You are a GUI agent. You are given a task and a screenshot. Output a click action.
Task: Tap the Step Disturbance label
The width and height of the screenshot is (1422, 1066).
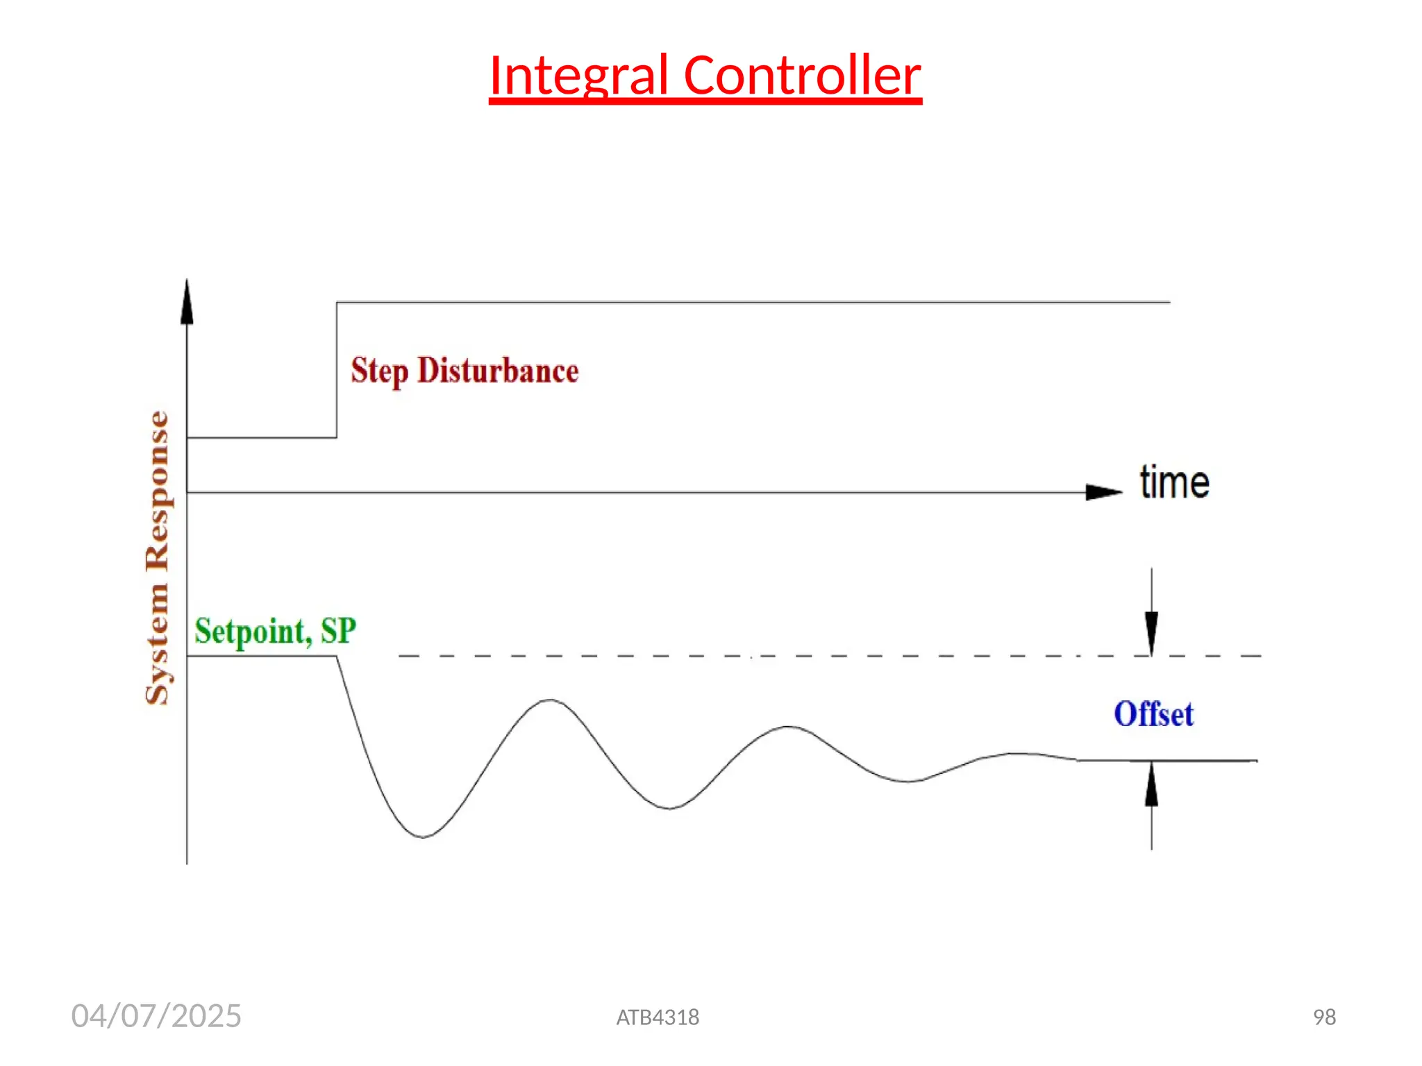point(465,371)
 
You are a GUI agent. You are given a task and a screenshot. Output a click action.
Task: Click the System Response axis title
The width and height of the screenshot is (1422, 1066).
point(158,557)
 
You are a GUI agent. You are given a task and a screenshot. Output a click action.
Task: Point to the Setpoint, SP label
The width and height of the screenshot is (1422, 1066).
point(275,631)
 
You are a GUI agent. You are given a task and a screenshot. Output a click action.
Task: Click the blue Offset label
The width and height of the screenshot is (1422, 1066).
point(1153,714)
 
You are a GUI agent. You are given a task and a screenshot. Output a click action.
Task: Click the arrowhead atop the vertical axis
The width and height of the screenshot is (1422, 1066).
point(187,303)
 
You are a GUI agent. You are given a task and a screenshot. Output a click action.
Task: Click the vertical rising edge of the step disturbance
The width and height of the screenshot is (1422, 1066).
point(337,370)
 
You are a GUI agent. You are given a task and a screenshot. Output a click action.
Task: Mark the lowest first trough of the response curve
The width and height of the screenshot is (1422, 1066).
point(422,836)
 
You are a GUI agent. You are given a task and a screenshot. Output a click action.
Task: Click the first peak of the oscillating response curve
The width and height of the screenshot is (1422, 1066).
point(550,700)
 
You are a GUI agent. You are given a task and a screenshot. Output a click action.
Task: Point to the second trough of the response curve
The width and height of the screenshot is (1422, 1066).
point(669,808)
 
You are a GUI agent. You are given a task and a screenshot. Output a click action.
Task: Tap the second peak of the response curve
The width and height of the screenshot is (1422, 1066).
point(788,727)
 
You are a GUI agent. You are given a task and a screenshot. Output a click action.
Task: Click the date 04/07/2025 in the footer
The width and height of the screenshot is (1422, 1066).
point(156,1016)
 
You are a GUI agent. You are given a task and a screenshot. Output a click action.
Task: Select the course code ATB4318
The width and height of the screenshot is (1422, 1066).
point(658,1017)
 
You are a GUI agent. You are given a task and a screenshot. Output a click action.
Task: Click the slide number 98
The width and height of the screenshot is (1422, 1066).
point(1324,1017)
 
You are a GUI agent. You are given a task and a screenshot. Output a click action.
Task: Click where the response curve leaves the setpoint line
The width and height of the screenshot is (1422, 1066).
point(337,657)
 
